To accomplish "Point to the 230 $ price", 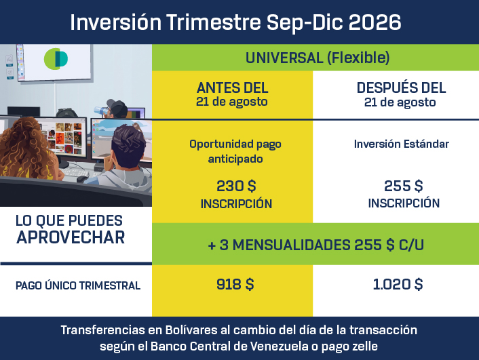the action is [x=236, y=186].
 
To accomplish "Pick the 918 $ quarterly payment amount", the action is [x=235, y=284].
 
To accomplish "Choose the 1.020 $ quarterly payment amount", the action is [x=398, y=284].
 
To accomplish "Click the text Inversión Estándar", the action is [x=402, y=144].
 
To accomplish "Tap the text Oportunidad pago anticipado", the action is [x=235, y=151].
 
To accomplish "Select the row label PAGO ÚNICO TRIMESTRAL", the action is [x=78, y=285].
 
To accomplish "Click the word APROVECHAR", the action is [x=71, y=237].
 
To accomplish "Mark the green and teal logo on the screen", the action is [x=56, y=58].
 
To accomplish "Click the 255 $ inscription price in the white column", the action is [x=403, y=186].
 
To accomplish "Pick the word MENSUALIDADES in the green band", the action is [x=292, y=245].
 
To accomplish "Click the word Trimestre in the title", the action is [x=214, y=22].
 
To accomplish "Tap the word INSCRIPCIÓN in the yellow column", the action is [x=236, y=203].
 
